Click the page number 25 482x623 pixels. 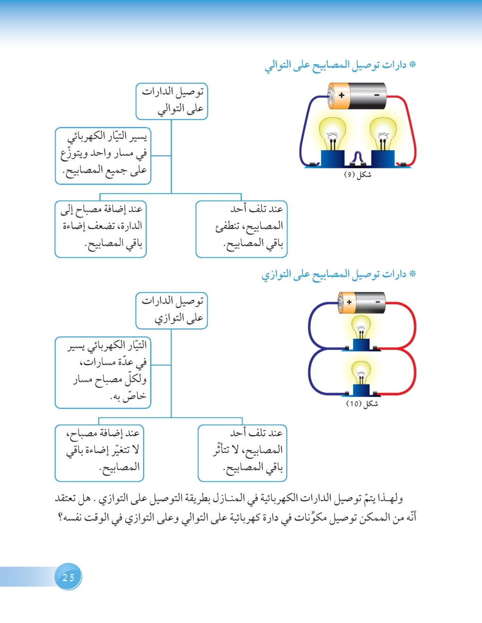click(x=69, y=577)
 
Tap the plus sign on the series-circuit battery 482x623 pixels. click(x=341, y=95)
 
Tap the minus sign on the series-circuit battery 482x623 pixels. click(x=377, y=95)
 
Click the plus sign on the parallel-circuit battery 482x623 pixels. click(x=349, y=302)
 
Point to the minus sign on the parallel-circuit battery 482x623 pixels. click(x=378, y=302)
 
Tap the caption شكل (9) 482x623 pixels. click(x=357, y=175)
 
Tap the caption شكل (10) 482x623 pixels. click(x=362, y=404)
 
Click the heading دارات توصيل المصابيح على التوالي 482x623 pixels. click(x=340, y=65)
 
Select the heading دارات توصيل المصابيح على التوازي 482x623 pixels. click(x=339, y=274)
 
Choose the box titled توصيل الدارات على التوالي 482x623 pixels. click(x=172, y=101)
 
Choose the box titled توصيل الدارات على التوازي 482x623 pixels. click(x=172, y=310)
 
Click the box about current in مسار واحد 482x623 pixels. click(x=103, y=155)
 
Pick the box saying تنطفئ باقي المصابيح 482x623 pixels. click(x=241, y=229)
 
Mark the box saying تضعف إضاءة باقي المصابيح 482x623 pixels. click(x=101, y=229)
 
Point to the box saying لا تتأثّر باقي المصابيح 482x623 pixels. click(x=242, y=453)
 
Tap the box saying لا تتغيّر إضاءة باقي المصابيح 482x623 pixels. click(x=99, y=453)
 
